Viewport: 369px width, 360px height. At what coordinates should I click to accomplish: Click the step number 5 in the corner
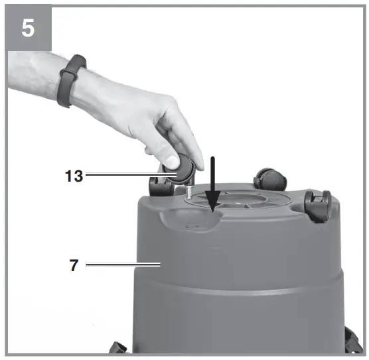pyautogui.click(x=29, y=30)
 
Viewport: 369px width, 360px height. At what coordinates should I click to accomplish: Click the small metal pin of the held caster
pyautogui.click(x=188, y=193)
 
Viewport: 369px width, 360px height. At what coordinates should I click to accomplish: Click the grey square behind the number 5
pyautogui.click(x=10, y=10)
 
